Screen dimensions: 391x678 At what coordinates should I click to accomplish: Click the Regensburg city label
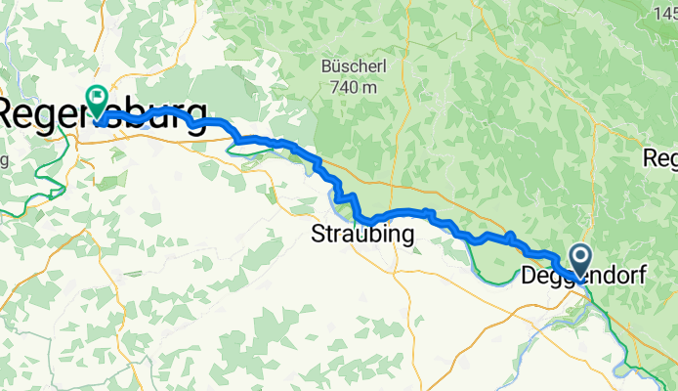[104, 110]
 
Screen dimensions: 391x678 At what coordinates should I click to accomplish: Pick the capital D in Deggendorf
[530, 276]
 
